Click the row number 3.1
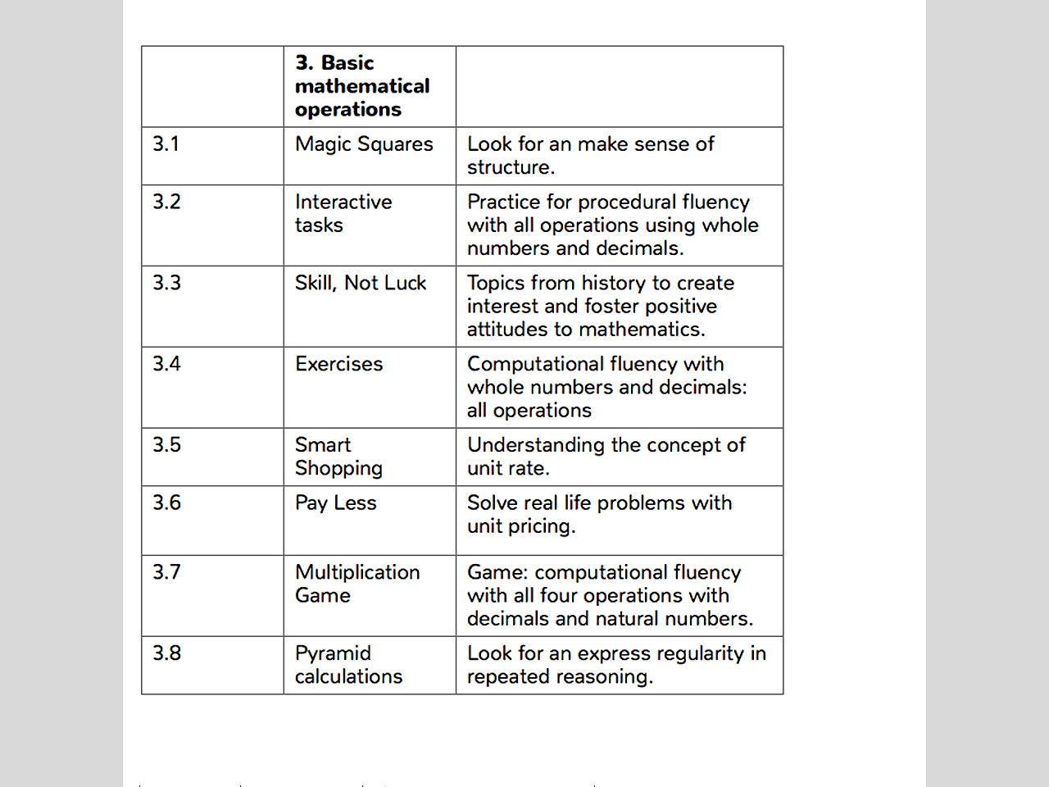[x=166, y=144]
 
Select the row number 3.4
[x=166, y=364]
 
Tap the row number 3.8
[x=166, y=653]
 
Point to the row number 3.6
[x=166, y=503]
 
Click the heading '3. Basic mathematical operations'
[x=362, y=86]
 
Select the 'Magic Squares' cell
[x=364, y=144]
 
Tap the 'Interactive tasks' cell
[x=343, y=213]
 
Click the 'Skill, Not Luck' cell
[x=361, y=283]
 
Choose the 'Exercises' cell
[x=338, y=364]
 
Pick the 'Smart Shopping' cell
[x=338, y=457]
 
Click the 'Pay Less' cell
[x=335, y=503]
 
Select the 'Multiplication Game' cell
[x=357, y=584]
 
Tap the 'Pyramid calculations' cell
[x=348, y=665]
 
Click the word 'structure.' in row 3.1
[x=511, y=167]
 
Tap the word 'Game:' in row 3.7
[x=497, y=572]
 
